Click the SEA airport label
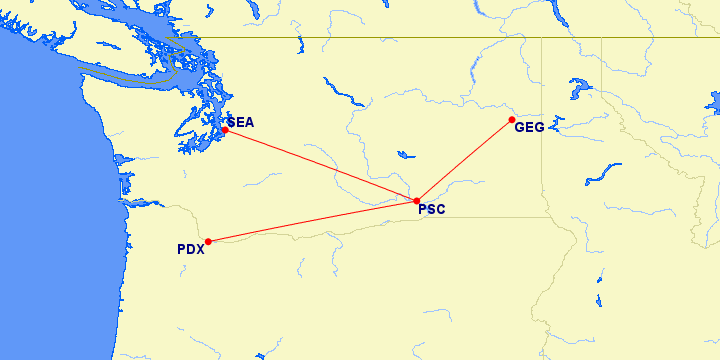tap(241, 122)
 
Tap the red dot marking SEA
tap(225, 130)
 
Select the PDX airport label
tap(190, 250)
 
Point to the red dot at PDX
tap(208, 241)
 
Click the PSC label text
tap(432, 210)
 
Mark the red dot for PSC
tap(417, 201)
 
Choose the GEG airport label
tap(529, 127)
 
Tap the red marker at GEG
tap(512, 121)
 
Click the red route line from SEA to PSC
tap(320, 165)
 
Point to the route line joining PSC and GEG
tap(465, 161)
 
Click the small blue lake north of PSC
tap(405, 155)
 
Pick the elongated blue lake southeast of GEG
tap(603, 171)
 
